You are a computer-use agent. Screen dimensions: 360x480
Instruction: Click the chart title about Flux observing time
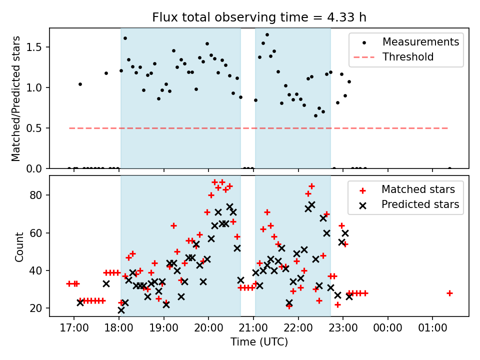[x=259, y=17]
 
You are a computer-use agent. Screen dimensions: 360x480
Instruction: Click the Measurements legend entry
[x=420, y=42]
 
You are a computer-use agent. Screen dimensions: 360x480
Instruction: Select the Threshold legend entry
[x=408, y=57]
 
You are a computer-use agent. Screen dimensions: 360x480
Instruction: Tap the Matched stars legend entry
[x=418, y=189]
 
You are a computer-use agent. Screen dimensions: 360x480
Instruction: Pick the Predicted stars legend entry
[x=420, y=204]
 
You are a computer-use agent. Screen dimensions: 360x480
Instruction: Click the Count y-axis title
[x=19, y=246]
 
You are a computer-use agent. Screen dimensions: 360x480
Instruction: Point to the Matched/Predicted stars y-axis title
[x=16, y=98]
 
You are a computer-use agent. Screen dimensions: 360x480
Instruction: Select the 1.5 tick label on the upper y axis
[x=37, y=47]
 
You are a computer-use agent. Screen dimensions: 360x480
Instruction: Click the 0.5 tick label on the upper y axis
[x=37, y=128]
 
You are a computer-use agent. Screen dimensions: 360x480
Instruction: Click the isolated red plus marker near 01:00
[x=449, y=293]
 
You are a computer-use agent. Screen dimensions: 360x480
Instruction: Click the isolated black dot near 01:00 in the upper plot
[x=449, y=168]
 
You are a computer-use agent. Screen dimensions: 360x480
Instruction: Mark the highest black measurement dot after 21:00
[x=267, y=34]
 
